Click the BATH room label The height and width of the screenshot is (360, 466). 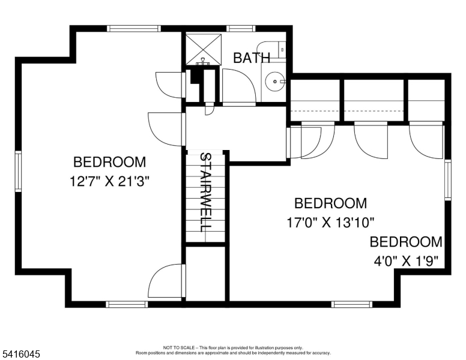coord(252,58)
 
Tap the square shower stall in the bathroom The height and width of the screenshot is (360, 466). coord(202,47)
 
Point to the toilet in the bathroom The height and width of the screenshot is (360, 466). coord(273,49)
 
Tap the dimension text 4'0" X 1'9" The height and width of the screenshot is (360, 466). coord(406,260)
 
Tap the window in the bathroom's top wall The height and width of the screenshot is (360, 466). coord(241,28)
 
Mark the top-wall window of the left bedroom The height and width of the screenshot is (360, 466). coord(133,28)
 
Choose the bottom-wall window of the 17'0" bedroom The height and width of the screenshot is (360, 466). coord(352,304)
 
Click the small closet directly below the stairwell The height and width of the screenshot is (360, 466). coord(205,273)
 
